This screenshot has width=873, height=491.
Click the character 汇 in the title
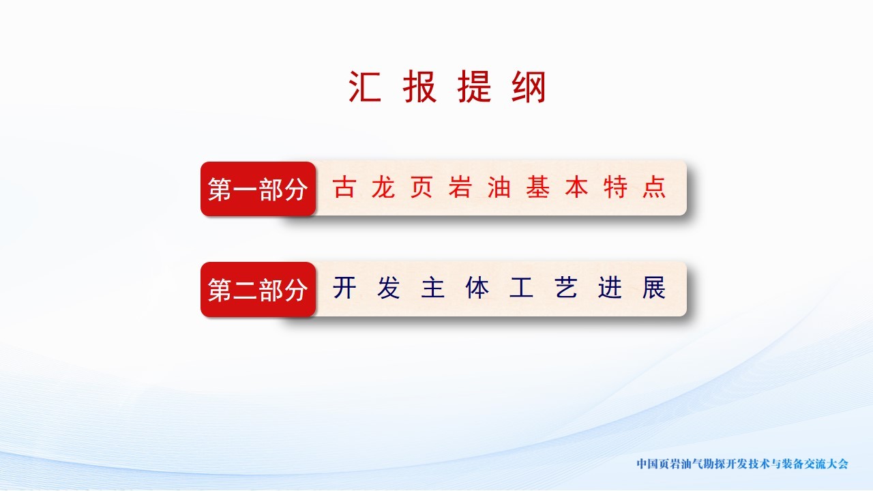click(365, 87)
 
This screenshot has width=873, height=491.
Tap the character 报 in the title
click(419, 87)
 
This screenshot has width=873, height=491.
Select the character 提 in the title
click(474, 87)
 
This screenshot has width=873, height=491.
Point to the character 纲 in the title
click(529, 87)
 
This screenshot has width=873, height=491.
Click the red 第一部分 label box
click(258, 189)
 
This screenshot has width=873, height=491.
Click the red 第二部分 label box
click(258, 289)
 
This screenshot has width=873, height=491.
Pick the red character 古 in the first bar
click(344, 187)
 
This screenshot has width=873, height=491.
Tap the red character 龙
click(383, 187)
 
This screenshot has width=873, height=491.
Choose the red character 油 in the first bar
click(499, 187)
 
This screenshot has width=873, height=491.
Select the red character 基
click(538, 187)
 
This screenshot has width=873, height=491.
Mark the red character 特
click(615, 187)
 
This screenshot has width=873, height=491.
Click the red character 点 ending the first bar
click(654, 187)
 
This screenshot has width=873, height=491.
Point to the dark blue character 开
click(344, 288)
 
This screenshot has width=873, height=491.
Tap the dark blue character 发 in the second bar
click(389, 288)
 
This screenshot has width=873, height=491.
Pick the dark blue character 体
click(477, 288)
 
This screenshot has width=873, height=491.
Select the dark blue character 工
click(522, 288)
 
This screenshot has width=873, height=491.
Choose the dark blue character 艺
click(565, 288)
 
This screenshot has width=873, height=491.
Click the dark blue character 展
click(654, 288)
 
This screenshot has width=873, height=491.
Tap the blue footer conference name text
click(743, 464)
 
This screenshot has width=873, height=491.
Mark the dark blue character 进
click(610, 288)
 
